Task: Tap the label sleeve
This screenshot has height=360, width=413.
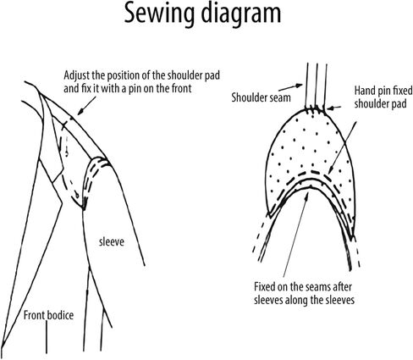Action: click(112, 242)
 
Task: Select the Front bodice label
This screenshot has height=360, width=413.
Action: click(48, 315)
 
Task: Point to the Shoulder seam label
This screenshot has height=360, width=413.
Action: click(261, 97)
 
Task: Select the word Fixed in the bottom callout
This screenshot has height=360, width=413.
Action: click(267, 287)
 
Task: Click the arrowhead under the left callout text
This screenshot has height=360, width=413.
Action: click(80, 112)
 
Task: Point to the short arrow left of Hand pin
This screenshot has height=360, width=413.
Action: click(334, 108)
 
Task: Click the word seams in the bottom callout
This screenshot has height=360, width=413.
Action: click(316, 287)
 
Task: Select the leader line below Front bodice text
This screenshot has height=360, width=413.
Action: click(47, 337)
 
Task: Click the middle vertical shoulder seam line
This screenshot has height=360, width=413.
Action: click(317, 86)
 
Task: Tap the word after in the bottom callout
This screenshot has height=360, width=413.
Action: click(342, 287)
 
